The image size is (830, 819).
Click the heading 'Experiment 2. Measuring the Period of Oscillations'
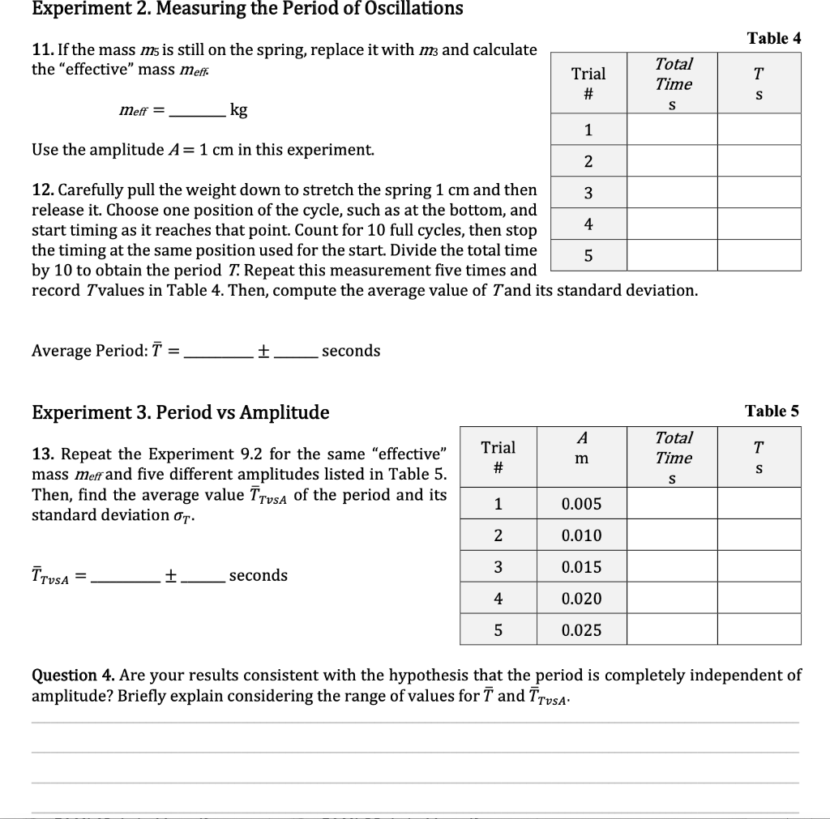[247, 9]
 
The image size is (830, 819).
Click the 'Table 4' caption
[773, 38]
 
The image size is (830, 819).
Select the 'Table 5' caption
[772, 411]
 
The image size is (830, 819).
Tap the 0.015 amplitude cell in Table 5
[581, 567]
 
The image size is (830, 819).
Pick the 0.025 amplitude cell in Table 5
[581, 629]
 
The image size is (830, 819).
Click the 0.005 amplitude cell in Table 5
[581, 504]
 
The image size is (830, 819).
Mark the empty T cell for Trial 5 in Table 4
[758, 255]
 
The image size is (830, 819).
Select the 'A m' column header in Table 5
[581, 448]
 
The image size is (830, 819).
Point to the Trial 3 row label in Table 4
[588, 193]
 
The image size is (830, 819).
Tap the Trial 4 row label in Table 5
[498, 599]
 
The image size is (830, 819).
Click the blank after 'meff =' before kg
[197, 112]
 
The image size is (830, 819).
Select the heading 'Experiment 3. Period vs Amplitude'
[180, 412]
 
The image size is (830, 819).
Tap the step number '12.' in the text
[42, 190]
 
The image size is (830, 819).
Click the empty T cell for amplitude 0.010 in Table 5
[758, 535]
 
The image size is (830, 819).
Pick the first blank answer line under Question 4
[414, 721]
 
